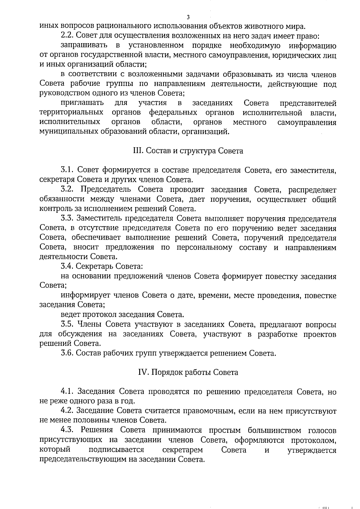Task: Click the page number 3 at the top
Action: click(188, 17)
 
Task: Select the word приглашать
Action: click(82, 103)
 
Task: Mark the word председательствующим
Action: click(81, 460)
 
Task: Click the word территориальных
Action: click(71, 113)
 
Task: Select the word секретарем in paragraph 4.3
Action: click(182, 450)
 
